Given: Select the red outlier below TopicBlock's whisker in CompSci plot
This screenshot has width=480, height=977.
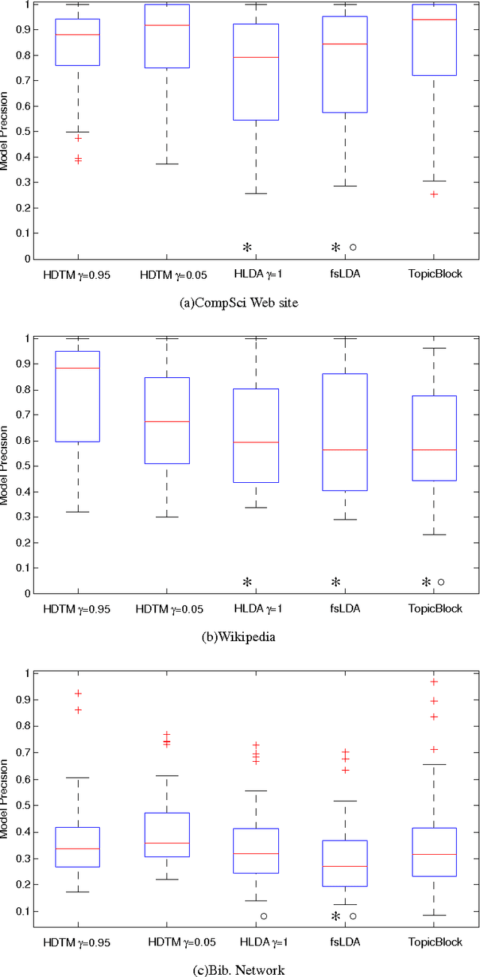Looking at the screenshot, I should (434, 194).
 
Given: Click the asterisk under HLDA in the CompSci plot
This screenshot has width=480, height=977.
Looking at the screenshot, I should (246, 247).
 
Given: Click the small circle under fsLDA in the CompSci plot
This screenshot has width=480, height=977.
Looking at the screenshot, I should (352, 247).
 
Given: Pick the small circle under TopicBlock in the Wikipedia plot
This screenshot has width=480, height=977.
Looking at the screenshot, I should (441, 581).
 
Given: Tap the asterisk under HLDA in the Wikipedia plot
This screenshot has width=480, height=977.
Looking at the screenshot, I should (246, 582).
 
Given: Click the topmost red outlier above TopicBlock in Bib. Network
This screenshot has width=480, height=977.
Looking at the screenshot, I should (433, 682).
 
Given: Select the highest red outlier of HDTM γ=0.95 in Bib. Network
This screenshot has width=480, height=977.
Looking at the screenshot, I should (78, 694).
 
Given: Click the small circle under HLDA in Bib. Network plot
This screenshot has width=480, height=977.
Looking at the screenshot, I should (264, 916).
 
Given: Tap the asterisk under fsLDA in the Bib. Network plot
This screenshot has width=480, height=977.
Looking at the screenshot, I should (336, 916).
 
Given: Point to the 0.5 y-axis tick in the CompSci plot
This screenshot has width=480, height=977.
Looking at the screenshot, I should (23, 132).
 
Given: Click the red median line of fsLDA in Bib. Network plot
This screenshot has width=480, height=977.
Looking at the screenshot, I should (345, 866).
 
